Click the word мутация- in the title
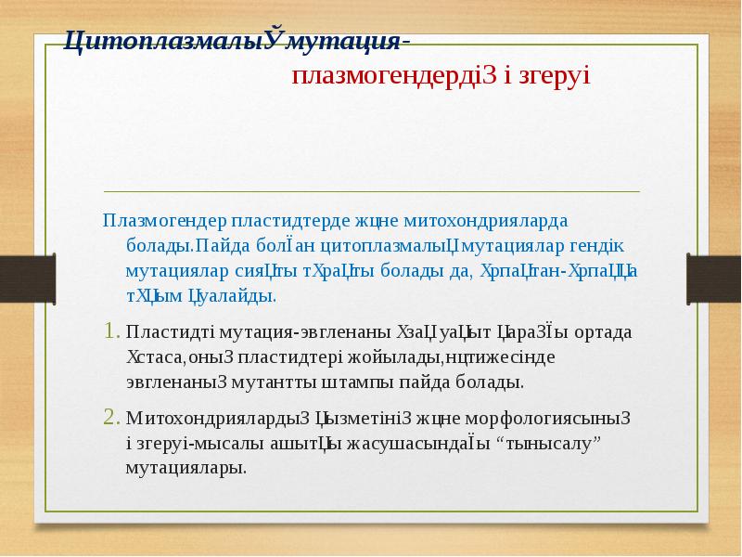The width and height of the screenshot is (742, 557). tap(350, 42)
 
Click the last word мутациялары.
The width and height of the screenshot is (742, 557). tap(186, 467)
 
